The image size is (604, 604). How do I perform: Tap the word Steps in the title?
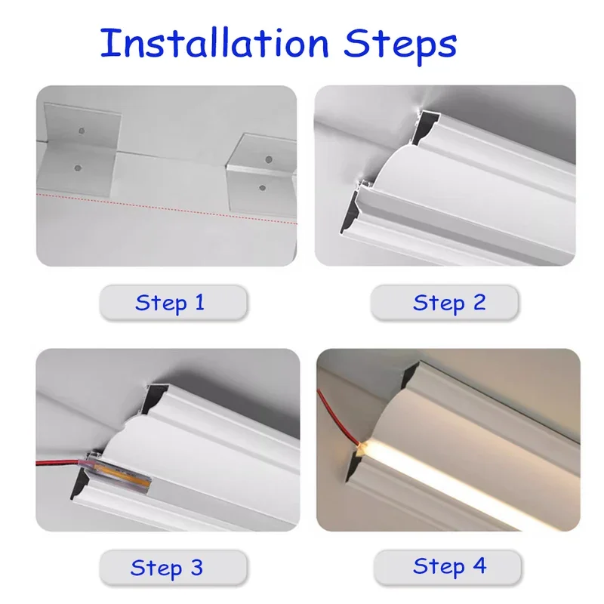point(400,44)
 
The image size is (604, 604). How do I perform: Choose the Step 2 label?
point(448,303)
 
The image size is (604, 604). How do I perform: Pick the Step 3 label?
point(168,567)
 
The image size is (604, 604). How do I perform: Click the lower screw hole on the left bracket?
point(75,163)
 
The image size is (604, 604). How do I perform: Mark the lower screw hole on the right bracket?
point(262,186)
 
